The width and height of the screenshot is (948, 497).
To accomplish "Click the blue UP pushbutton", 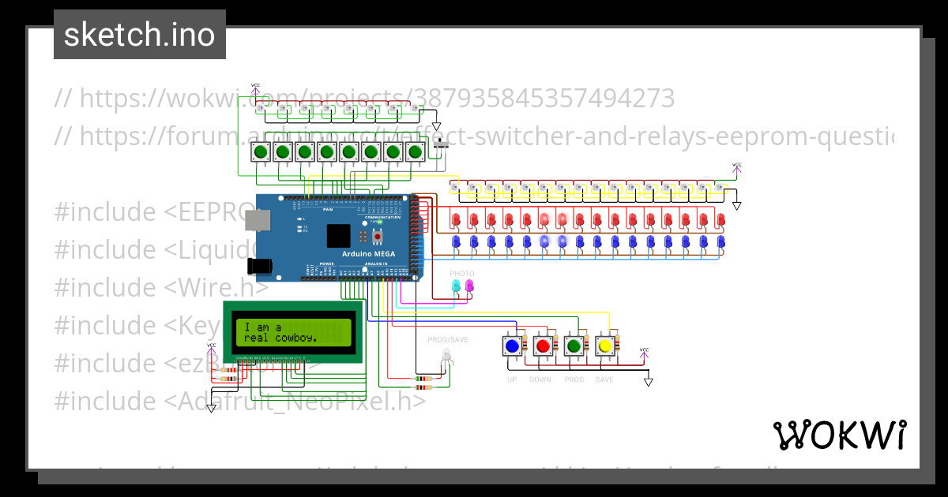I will tap(512, 346).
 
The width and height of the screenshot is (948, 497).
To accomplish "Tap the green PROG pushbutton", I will tap(574, 346).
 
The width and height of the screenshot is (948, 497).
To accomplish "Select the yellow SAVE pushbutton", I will tap(604, 346).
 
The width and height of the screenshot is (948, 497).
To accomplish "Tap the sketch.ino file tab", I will tap(140, 35).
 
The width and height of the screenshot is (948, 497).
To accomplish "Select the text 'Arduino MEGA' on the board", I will tap(368, 253).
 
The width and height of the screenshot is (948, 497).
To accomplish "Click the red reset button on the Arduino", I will tap(378, 236).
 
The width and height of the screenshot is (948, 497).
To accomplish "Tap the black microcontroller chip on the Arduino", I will tap(338, 236).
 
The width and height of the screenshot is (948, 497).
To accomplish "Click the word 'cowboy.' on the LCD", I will tap(296, 338).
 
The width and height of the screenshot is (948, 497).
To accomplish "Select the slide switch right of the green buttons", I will tap(442, 143).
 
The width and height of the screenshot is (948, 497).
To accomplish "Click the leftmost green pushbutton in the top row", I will tap(259, 152).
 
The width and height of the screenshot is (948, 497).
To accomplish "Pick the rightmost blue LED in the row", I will tap(720, 242).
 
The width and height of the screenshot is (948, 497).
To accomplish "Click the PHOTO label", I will tap(462, 273).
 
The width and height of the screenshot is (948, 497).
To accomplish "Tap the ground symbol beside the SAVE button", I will tap(649, 382).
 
